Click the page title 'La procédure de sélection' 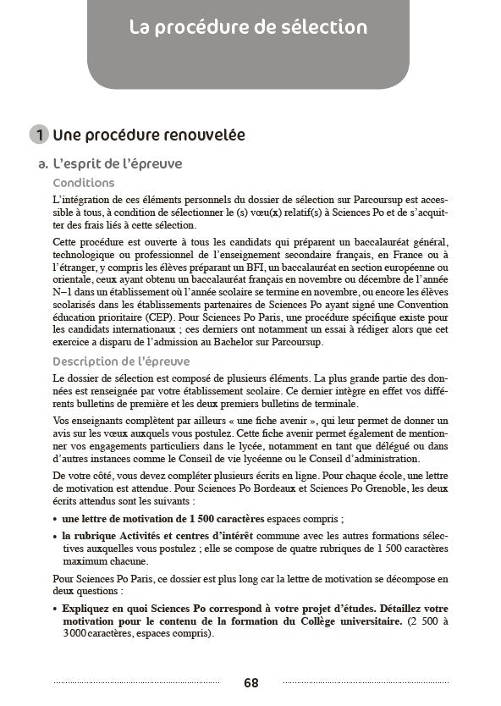coord(249,28)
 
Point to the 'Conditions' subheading coord(84,183)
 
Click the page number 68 coord(250,682)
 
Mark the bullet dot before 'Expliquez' coord(55,609)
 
